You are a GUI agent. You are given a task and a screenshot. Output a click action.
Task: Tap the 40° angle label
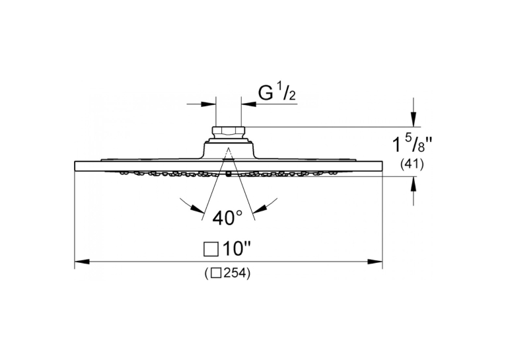click(x=227, y=218)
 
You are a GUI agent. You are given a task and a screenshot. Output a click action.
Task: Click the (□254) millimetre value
click(x=227, y=274)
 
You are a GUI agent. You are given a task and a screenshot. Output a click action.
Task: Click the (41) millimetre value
click(x=412, y=164)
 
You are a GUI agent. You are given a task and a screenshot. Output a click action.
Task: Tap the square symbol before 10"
click(x=211, y=250)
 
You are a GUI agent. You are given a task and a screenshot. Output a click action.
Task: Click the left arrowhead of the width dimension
click(x=82, y=262)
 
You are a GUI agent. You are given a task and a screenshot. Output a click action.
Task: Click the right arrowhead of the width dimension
click(x=375, y=262)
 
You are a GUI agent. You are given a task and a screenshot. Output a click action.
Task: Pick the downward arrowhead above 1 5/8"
click(x=414, y=120)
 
